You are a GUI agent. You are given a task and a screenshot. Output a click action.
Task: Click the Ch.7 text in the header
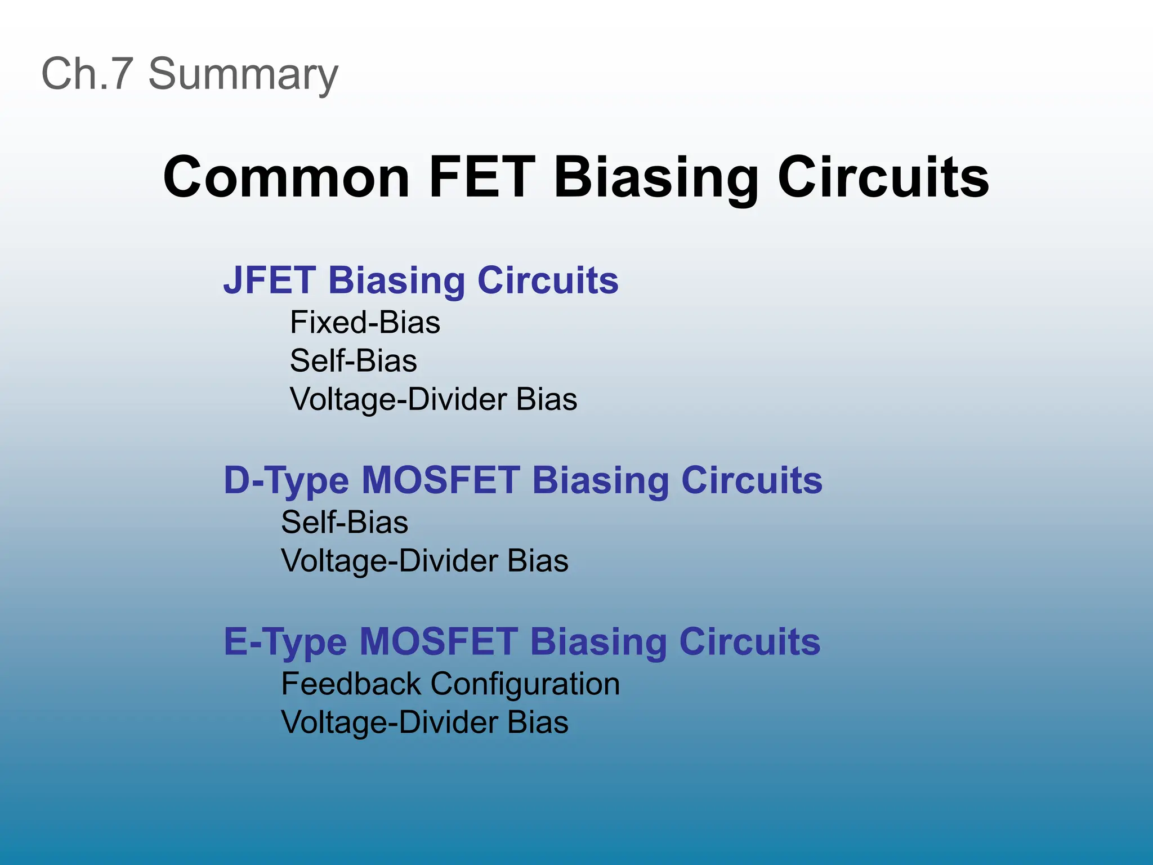click(87, 74)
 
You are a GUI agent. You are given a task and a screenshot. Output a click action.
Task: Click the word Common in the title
click(286, 177)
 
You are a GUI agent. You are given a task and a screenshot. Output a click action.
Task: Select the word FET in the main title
click(481, 177)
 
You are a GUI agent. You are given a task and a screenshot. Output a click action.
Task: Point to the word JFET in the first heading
click(270, 280)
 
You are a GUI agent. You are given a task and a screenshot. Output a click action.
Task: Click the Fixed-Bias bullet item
click(365, 323)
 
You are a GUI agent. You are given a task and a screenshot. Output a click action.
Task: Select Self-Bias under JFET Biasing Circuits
click(353, 360)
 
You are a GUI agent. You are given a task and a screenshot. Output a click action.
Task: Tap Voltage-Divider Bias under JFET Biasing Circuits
click(433, 400)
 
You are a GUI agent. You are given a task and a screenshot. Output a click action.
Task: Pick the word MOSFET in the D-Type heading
click(441, 480)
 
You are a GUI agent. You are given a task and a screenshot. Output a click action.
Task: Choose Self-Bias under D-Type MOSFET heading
click(344, 522)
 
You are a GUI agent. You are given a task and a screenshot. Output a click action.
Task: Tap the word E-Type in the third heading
click(285, 643)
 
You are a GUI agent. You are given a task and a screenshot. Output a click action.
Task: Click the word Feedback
click(351, 684)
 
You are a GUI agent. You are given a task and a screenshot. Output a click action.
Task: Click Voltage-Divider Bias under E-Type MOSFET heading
click(424, 723)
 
